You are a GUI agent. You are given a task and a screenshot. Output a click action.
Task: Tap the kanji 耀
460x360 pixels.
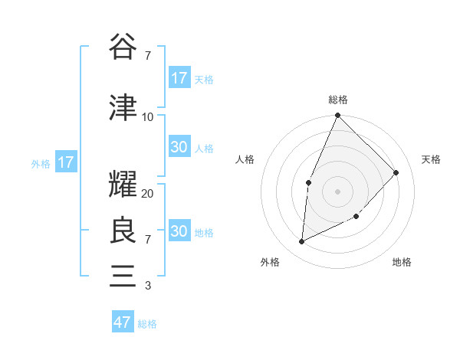point(123,184)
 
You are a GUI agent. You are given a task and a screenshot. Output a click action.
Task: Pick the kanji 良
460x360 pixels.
point(123,230)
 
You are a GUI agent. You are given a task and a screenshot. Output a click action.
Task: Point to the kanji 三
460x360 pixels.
point(123,276)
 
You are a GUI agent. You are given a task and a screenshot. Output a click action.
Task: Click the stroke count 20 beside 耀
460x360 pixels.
point(148,194)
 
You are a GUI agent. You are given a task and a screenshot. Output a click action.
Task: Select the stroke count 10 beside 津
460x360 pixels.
point(148,116)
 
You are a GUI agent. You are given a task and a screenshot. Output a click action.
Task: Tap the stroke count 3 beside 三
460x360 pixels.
point(147,286)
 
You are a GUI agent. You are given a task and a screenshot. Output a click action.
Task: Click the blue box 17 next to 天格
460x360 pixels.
point(179,78)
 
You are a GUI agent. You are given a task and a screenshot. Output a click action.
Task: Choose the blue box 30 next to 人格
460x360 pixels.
point(179,148)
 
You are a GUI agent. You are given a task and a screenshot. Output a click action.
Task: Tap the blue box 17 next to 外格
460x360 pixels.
point(65,162)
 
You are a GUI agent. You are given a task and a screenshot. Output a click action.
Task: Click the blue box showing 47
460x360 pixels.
point(123,322)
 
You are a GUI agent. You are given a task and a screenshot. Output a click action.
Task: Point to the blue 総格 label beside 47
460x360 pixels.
point(147,324)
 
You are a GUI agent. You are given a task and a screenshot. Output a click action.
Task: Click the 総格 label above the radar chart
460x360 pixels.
point(338,100)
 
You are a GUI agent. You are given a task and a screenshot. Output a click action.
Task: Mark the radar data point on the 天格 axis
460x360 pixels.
point(396,172)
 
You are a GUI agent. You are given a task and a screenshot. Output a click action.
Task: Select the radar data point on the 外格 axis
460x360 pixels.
point(302,241)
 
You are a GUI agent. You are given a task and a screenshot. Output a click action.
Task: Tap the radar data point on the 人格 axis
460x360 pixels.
point(308,182)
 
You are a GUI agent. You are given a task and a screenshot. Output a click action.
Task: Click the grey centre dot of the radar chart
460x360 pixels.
point(337,191)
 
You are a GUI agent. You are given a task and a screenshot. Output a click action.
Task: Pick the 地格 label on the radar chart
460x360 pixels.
point(402,263)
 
